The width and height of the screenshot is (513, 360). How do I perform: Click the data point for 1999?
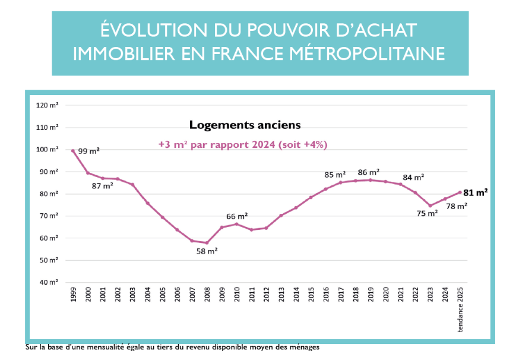(x=73, y=151)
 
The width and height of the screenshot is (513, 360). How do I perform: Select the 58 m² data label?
(x=207, y=251)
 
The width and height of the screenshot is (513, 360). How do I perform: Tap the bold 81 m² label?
(x=476, y=192)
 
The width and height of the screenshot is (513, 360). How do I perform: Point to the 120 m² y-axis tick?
(x=50, y=105)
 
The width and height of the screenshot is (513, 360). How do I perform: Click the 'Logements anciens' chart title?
(x=245, y=125)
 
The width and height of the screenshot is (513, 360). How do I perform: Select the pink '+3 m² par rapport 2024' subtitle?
(x=243, y=144)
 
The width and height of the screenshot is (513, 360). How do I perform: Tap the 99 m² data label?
(x=88, y=151)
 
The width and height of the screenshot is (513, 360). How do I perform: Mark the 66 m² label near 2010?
(x=237, y=216)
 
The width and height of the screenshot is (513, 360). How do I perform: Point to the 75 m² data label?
(x=427, y=213)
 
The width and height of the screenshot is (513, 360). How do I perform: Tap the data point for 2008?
(x=207, y=242)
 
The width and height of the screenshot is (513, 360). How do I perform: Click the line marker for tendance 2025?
(x=461, y=192)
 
